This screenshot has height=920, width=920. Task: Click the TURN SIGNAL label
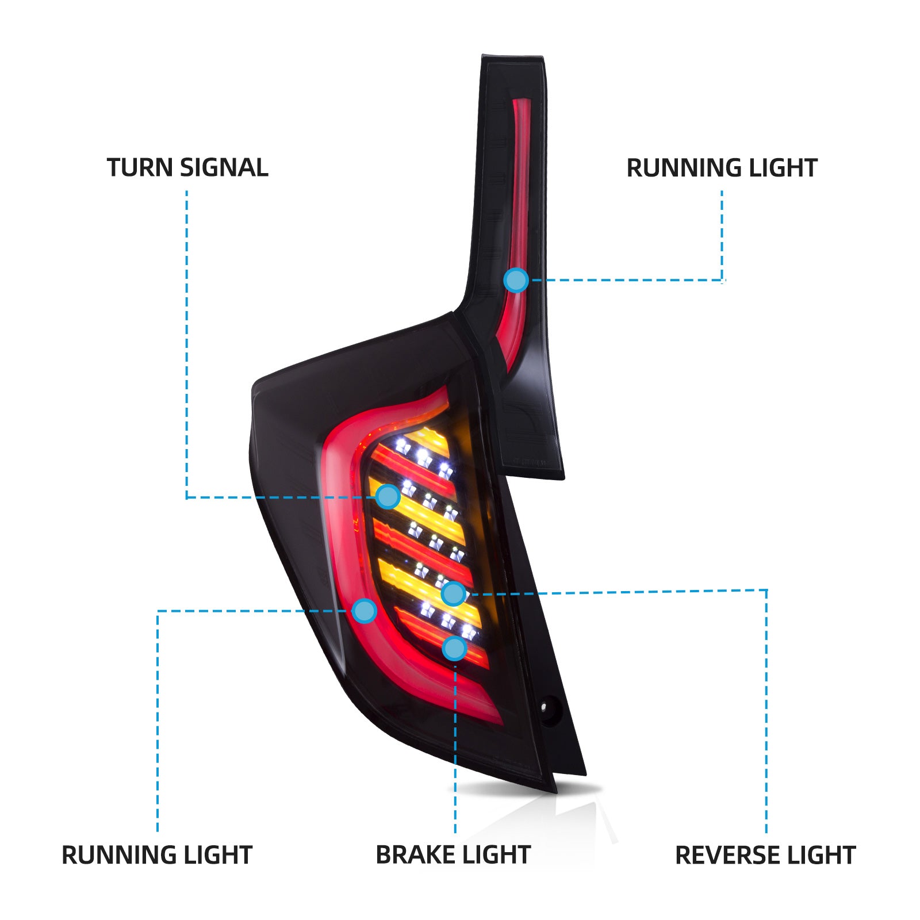coord(187,168)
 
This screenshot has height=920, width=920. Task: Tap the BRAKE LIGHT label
coord(453,855)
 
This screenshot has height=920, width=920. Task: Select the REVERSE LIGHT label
coord(765,855)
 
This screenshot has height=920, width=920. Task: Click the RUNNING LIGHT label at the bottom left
coord(157,855)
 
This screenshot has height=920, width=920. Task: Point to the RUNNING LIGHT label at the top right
coord(722,168)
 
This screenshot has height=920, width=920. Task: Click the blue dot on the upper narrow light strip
coord(516,280)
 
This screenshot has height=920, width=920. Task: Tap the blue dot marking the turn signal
coord(388,496)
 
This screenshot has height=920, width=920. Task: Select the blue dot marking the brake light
coord(454,648)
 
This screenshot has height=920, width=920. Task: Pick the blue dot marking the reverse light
coord(453,593)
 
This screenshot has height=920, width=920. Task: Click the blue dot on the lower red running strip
coord(365,611)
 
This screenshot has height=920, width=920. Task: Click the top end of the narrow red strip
coord(522,103)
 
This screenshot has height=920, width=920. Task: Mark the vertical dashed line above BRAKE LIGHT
coord(455,747)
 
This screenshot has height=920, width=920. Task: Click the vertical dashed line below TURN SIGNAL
coord(186,345)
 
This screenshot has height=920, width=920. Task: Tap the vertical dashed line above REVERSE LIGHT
coord(766,713)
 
